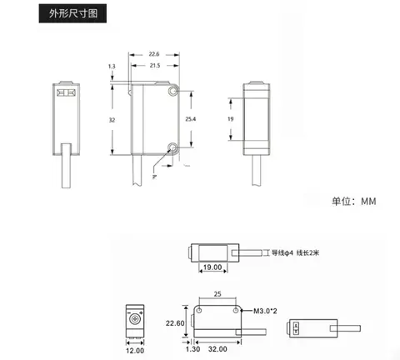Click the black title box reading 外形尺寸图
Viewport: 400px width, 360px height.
click(x=72, y=13)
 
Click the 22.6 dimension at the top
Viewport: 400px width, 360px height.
click(x=154, y=54)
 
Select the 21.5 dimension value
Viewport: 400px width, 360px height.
click(x=155, y=66)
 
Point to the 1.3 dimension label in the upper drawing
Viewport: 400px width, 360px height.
click(x=112, y=67)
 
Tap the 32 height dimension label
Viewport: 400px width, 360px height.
click(x=112, y=120)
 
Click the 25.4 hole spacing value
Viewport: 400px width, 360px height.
click(x=191, y=119)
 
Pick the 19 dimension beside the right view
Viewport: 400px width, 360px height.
click(x=231, y=119)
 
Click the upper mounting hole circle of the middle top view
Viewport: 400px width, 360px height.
click(x=173, y=91)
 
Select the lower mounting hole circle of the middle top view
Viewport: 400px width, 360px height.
click(x=173, y=147)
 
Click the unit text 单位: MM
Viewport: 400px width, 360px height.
click(x=354, y=201)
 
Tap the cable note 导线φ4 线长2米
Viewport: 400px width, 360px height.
click(x=295, y=252)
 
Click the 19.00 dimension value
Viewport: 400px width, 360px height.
click(x=212, y=267)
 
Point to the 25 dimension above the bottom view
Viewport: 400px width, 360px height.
click(x=217, y=294)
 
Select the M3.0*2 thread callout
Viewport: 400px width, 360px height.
click(x=265, y=311)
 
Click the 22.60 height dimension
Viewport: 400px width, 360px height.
click(x=175, y=323)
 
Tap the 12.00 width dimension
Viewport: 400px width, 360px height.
click(x=135, y=351)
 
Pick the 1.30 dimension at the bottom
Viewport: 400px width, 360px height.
click(x=193, y=349)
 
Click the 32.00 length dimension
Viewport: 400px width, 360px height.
click(x=217, y=349)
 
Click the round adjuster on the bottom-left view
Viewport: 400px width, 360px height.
click(x=135, y=319)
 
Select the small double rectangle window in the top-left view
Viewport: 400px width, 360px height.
click(x=66, y=92)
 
